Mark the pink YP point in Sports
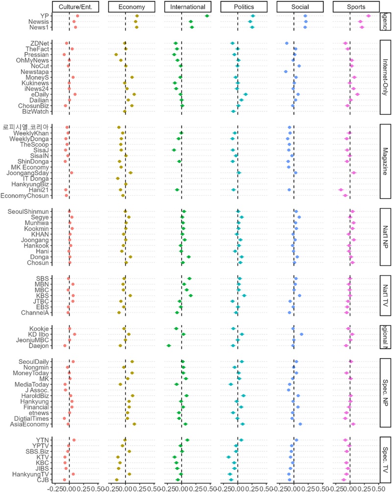[368, 16]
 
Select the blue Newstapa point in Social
[285, 72]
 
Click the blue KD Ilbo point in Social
[301, 335]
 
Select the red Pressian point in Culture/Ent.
[64, 54]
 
